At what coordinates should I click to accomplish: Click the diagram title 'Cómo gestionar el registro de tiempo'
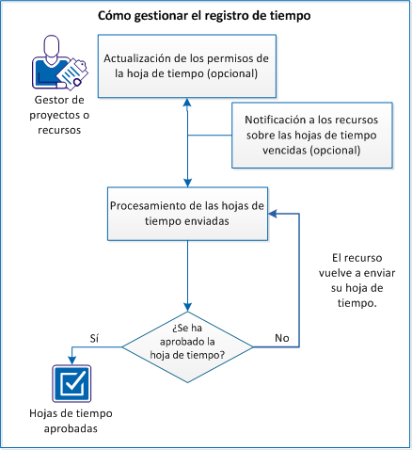click(x=204, y=16)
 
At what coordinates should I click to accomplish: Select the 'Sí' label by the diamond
click(x=93, y=334)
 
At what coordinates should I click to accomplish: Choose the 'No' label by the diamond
click(x=280, y=335)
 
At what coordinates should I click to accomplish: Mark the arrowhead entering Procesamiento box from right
click(x=275, y=214)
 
